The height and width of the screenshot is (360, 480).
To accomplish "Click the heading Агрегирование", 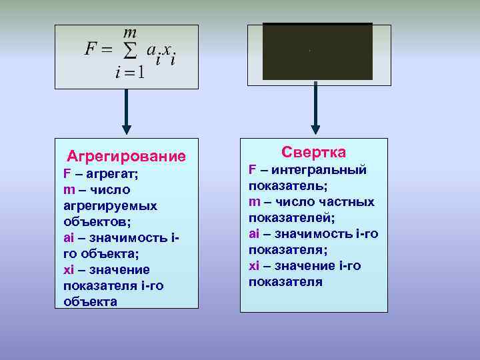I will point(126,157).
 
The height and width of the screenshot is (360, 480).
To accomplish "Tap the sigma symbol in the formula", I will point(132,51).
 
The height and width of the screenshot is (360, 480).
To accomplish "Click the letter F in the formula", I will point(91,50).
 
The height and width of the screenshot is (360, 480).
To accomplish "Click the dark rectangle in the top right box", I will point(317,52).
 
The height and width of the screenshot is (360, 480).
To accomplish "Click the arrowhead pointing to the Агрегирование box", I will point(125,127).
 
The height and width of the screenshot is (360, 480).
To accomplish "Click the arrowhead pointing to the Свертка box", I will point(316,127).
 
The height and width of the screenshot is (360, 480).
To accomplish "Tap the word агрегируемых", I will point(110,206).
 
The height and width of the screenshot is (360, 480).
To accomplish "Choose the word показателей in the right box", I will point(291,218).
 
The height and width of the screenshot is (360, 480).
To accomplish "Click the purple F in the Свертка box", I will point(253,170).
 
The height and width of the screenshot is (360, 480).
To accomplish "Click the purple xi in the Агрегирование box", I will point(69,270).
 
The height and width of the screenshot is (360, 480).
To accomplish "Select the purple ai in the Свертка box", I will point(255,234).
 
